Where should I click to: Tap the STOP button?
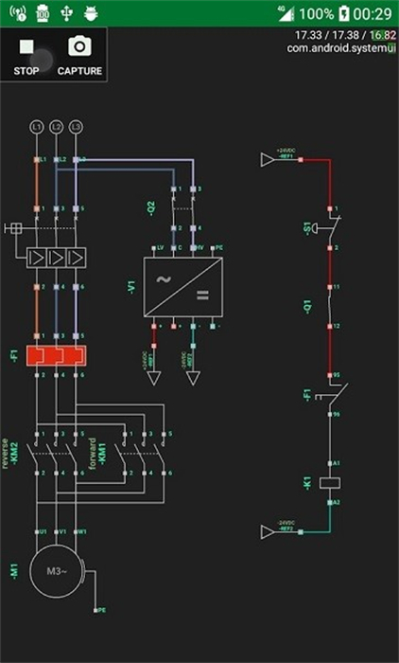26,55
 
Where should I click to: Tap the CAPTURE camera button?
79,55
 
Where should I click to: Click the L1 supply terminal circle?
37,126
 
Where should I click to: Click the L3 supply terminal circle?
77,126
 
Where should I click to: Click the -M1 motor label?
13,571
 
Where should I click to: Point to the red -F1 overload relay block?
56,356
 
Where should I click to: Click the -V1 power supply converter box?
182,287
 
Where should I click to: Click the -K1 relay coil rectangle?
331,482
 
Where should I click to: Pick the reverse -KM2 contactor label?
10,453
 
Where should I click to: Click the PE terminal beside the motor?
97,611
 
